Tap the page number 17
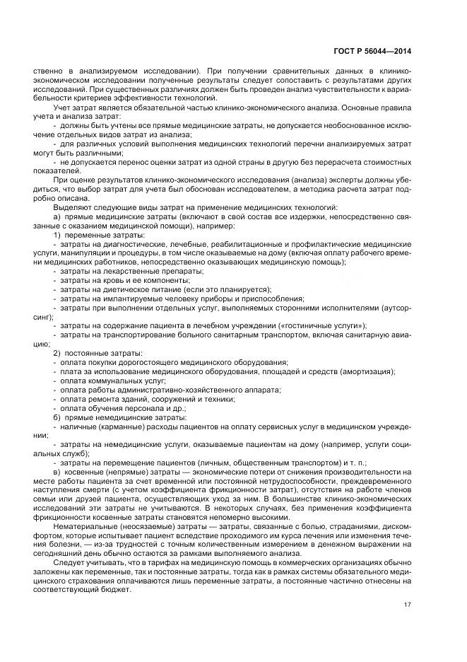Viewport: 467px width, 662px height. tap(408, 604)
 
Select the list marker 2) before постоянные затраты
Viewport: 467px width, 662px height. tap(59, 353)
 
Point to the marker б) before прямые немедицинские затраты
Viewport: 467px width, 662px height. tap(58, 418)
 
